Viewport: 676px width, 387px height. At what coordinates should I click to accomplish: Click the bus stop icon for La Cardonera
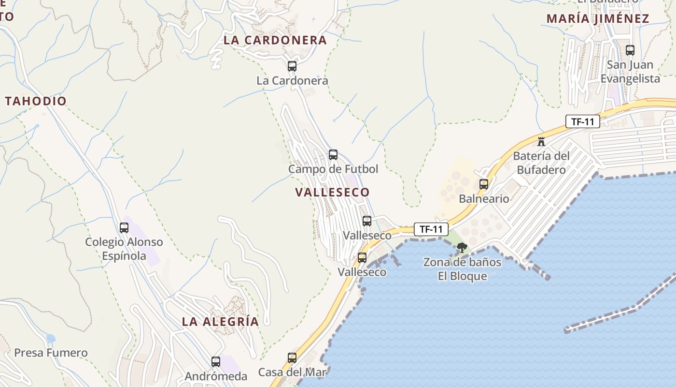[292, 66]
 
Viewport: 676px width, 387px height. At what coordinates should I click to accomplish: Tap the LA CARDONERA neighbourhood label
[275, 40]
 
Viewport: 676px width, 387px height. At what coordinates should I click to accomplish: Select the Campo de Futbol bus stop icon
[333, 155]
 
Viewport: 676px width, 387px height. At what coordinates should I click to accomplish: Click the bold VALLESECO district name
[332, 192]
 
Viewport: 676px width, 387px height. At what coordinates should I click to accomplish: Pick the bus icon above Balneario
[484, 184]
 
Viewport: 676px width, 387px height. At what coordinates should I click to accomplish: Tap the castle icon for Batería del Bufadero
[541, 142]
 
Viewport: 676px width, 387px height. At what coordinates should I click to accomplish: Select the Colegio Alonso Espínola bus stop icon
[124, 227]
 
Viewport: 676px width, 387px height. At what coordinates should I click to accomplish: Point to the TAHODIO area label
[36, 101]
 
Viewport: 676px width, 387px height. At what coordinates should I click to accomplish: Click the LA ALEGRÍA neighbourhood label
[220, 322]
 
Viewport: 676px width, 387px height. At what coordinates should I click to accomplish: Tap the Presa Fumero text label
[51, 353]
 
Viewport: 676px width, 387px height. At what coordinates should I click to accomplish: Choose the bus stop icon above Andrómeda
[216, 361]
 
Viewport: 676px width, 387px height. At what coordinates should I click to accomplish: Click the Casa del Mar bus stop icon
[292, 358]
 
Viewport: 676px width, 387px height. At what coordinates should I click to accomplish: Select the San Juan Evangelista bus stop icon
[630, 50]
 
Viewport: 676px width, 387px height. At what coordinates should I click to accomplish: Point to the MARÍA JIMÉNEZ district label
[598, 19]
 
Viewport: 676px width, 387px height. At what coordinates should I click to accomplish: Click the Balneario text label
[484, 198]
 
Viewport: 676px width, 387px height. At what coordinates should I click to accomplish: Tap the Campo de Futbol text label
[333, 169]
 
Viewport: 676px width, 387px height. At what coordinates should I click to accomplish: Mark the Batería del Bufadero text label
[541, 163]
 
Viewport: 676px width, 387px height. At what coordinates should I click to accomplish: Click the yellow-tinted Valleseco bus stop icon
[362, 258]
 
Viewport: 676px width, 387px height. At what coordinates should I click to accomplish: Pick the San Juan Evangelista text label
[630, 72]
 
